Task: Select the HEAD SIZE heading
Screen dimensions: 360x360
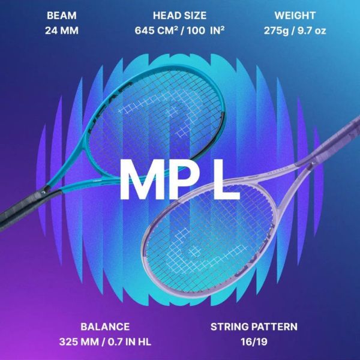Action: pos(179,15)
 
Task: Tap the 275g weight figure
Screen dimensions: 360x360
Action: pos(277,30)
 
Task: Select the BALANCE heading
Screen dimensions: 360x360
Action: pos(105,327)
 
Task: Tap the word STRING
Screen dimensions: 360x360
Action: pos(230,327)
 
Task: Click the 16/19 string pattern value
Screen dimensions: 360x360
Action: pos(254,342)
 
